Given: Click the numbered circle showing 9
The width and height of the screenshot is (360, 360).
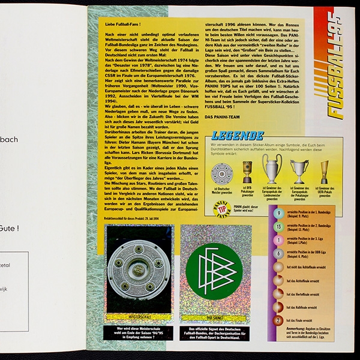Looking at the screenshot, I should pyautogui.click(x=277, y=213).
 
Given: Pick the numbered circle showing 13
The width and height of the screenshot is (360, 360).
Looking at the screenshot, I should pyautogui.click(x=277, y=226).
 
